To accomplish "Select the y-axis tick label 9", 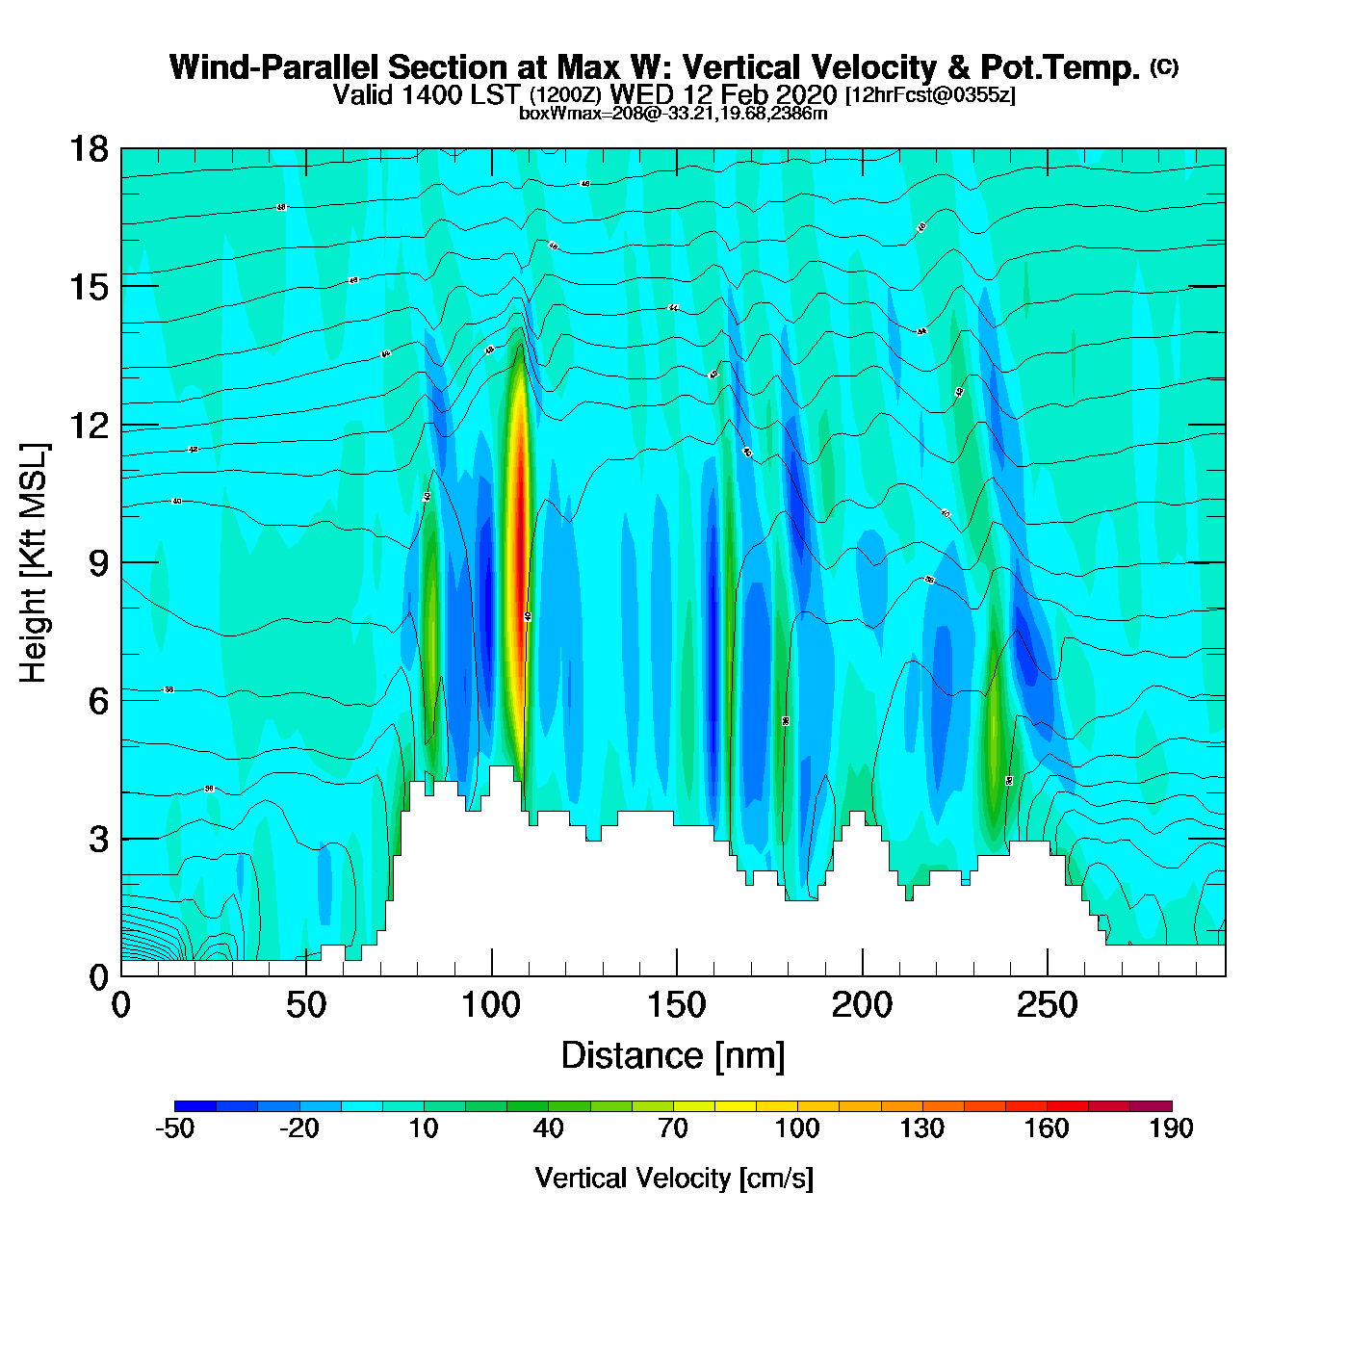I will (98, 563).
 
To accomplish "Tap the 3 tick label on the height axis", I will (98, 840).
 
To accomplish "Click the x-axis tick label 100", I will (491, 1005).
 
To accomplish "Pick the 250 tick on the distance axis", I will (1047, 1005).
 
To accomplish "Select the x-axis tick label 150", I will (676, 1005).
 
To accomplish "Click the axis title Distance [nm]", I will (673, 1056).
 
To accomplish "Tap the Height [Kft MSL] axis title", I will (34, 563).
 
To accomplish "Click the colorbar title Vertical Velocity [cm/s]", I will (674, 1178).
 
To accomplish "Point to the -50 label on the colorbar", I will (174, 1128).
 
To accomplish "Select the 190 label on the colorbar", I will (1171, 1128).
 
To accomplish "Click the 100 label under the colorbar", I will (797, 1128).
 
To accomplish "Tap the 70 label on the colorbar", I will (673, 1128).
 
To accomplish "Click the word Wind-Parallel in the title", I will (275, 67).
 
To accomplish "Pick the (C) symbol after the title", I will (1164, 66).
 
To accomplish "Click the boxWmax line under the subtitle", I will (673, 113).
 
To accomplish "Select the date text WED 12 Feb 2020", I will (724, 94).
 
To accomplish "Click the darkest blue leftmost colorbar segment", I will (195, 1106).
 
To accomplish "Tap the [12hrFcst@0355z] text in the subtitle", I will (930, 95).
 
